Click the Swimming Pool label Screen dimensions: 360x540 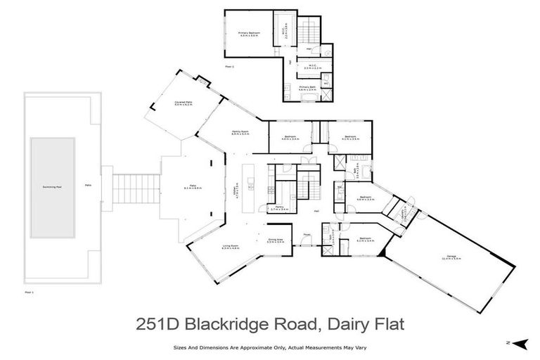click(52, 188)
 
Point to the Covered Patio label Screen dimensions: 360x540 click(184, 103)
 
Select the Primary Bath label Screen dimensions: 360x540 click(307, 88)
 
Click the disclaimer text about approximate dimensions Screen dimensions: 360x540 click(270, 347)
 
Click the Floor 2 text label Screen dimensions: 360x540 click(229, 66)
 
